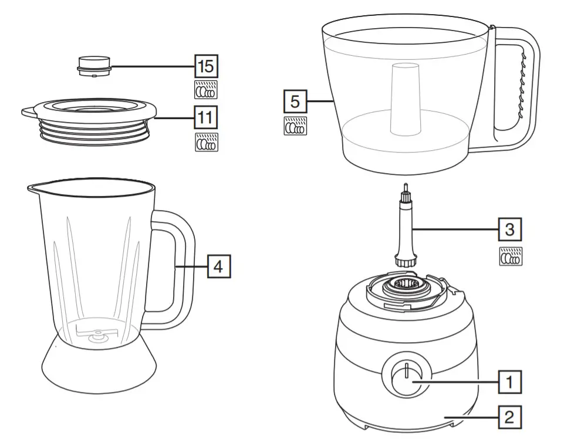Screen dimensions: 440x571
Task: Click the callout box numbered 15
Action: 206,66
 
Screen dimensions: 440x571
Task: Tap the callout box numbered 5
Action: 295,101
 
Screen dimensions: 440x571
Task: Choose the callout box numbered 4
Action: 218,266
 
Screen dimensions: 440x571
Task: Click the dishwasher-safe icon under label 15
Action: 206,90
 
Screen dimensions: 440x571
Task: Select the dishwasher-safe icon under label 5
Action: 295,126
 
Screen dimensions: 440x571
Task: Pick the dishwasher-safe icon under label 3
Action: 510,256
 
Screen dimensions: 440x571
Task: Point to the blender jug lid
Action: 90,117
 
